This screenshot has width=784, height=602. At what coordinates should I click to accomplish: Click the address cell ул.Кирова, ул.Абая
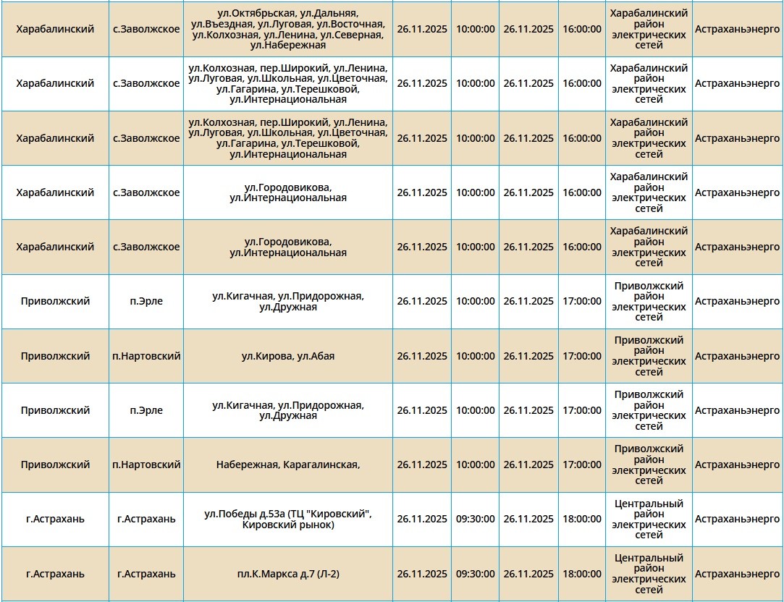288,356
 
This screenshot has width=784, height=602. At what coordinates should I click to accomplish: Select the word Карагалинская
322,465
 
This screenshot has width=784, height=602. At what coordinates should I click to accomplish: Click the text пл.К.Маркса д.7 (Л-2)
288,574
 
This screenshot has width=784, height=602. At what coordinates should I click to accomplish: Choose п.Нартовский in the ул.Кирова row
146,356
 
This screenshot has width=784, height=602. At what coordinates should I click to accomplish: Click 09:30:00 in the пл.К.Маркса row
475,574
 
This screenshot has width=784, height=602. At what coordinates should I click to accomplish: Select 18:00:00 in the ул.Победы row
582,519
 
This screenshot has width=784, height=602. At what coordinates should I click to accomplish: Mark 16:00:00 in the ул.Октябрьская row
582,29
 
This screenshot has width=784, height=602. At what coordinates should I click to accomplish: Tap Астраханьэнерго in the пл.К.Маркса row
737,574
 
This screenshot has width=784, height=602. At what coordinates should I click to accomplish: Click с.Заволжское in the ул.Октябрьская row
146,29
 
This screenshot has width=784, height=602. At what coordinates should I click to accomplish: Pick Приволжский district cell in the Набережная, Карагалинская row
55,465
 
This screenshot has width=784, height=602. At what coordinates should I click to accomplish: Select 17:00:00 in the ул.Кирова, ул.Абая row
582,356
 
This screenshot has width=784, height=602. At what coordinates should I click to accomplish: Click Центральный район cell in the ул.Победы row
649,519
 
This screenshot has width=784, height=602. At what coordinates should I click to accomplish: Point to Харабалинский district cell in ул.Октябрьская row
55,29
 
